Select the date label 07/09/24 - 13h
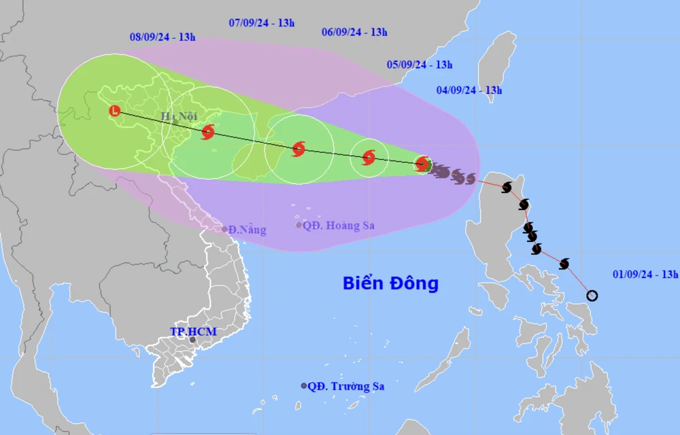pos(262,22)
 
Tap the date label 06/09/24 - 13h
pos(354,31)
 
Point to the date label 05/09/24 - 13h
pos(420,65)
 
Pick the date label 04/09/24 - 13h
pos(469,90)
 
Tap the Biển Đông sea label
pos(390,283)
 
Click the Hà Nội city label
pos(178,116)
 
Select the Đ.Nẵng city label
pos(248,230)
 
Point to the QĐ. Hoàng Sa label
pos(339,226)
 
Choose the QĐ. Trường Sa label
pos(345,386)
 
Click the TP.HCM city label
pos(188,331)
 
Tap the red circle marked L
pos(116,110)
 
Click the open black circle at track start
pos(592,295)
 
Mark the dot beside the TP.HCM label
pos(193,340)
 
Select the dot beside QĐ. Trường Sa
pos(304,385)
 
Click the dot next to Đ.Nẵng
pos(225,229)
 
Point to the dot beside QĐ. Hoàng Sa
pos(299,225)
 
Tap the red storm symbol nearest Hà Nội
pos(208,132)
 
